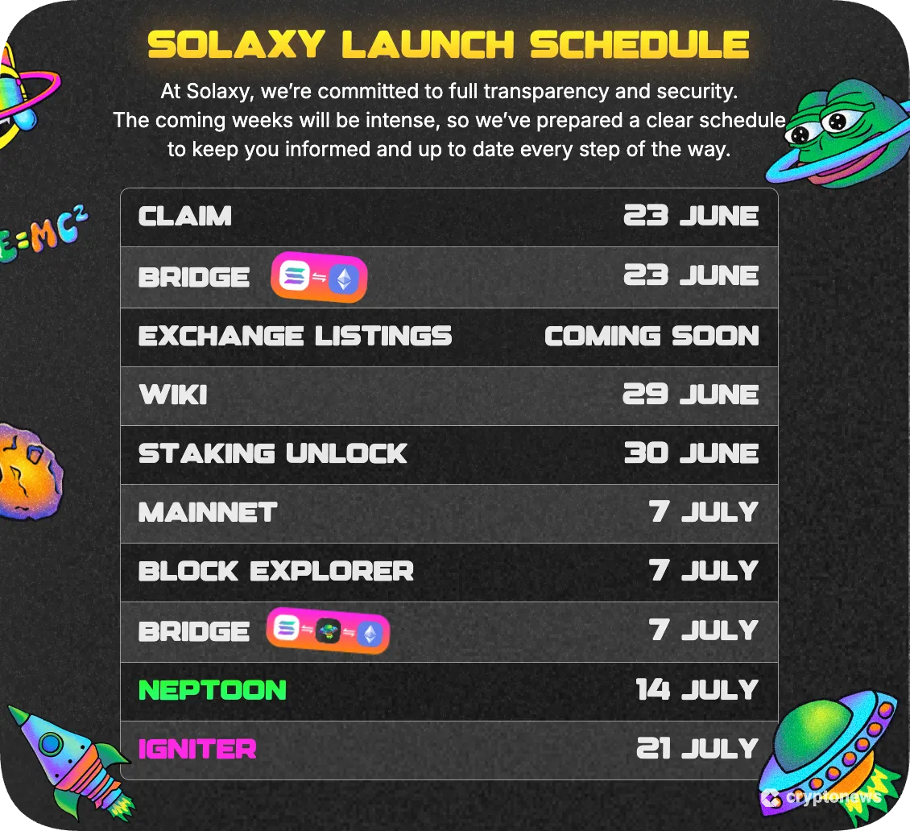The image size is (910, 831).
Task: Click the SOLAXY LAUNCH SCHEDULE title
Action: [x=449, y=45]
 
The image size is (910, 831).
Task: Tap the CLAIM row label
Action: [x=185, y=217]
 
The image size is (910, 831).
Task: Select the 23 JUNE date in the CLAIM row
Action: [x=691, y=217]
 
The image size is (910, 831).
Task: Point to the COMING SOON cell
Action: [x=651, y=336]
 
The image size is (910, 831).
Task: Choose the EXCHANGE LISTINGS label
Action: [x=295, y=336]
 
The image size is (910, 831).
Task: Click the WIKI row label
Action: [x=173, y=395]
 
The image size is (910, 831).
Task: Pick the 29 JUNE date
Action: [x=691, y=395]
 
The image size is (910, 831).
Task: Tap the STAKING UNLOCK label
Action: [x=273, y=454]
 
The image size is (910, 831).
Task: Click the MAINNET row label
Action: [x=208, y=513]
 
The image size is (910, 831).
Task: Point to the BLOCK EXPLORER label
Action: [x=276, y=572]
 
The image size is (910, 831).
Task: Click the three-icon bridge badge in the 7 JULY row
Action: [x=328, y=632]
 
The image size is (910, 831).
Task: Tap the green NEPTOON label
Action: [x=213, y=691]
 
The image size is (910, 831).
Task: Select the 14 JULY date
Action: [x=697, y=691]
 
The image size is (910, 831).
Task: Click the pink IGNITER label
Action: [x=197, y=750]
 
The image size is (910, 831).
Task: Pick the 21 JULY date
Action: [x=697, y=750]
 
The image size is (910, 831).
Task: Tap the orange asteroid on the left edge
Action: [x=30, y=471]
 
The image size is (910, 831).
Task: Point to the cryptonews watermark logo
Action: [x=821, y=798]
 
